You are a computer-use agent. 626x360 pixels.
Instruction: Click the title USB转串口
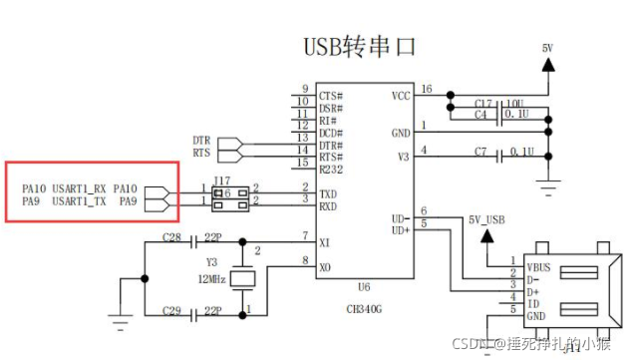358,46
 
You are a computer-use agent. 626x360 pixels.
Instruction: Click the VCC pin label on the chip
400,97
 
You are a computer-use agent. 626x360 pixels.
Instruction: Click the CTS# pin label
333,95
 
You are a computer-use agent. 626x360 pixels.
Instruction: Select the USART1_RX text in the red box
80,187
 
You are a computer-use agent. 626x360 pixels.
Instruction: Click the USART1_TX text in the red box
80,201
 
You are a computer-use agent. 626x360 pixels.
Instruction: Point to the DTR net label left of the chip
201,141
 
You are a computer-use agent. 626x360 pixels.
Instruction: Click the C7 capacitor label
480,152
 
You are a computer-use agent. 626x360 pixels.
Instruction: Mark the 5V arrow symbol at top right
546,64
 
